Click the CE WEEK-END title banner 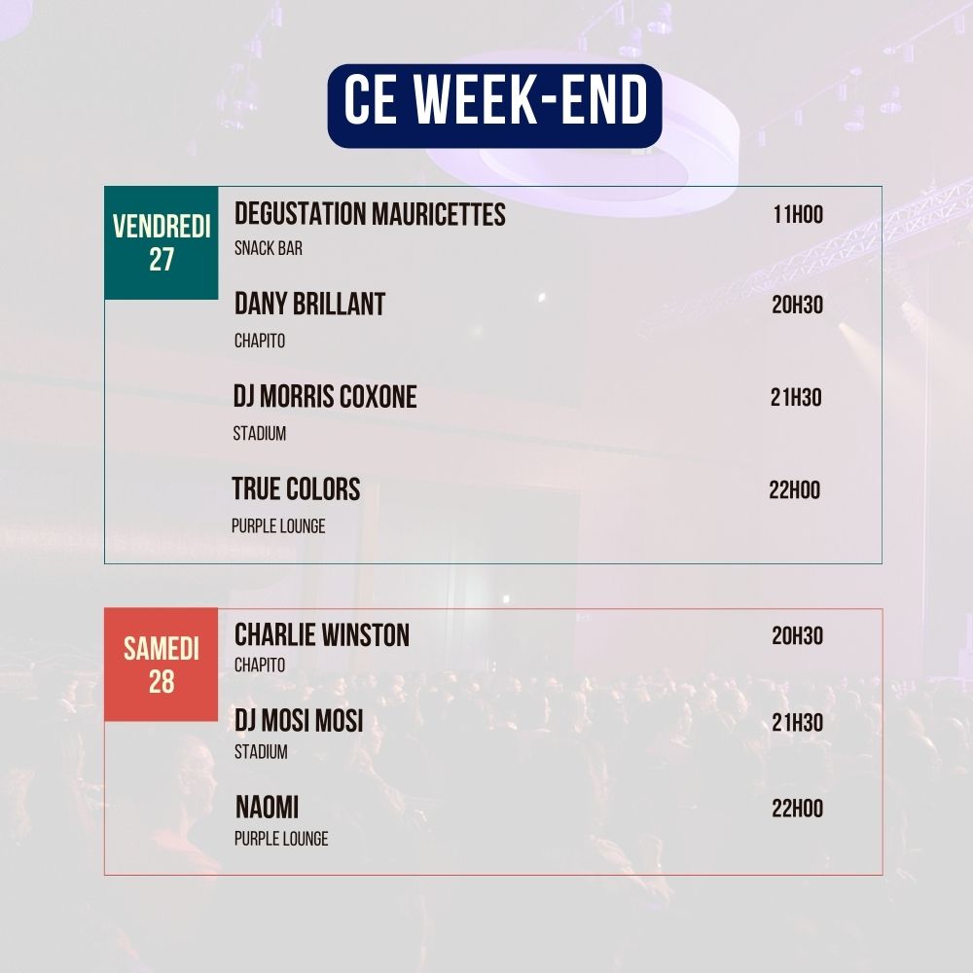coord(494,105)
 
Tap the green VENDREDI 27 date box coord(162,242)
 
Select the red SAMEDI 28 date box coord(162,665)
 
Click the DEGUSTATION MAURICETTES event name coord(370,214)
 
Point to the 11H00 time coord(798,215)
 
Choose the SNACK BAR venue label coord(269,248)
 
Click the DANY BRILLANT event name coord(309,305)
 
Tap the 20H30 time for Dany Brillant coord(797,306)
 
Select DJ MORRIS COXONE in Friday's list coord(325,397)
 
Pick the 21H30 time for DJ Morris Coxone coord(796,398)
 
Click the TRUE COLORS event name coord(296,488)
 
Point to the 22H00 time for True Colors coord(794,489)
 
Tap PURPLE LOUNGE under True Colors coord(278,526)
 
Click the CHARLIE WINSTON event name coord(322,635)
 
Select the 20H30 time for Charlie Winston coord(797,636)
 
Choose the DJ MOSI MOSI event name coord(299,721)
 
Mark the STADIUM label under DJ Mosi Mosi coord(261,752)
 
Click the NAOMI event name coord(267,808)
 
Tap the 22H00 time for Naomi coord(797,809)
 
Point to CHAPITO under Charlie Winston coord(260,666)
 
